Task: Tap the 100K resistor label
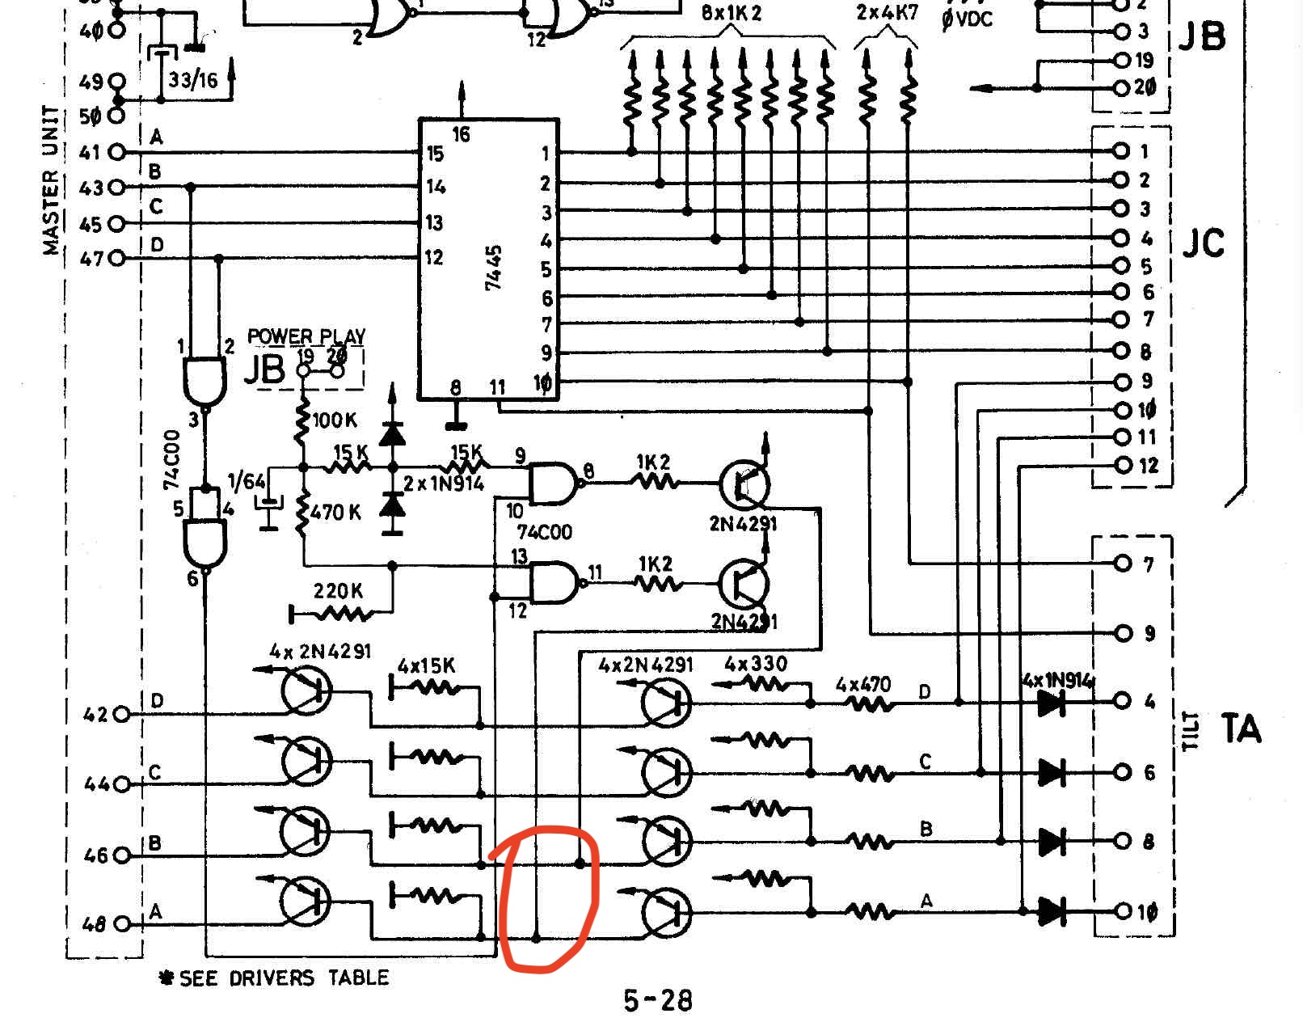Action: [x=335, y=420]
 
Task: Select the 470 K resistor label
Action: [x=336, y=513]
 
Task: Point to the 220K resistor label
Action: [x=338, y=591]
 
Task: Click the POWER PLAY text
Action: [x=306, y=336]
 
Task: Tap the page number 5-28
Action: [x=658, y=1000]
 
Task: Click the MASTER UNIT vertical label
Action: [x=51, y=179]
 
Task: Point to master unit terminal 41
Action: [x=117, y=152]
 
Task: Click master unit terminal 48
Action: [x=122, y=923]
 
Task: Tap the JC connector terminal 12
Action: [x=1122, y=466]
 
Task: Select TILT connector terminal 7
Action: [x=1122, y=564]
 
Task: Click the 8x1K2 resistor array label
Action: [x=731, y=14]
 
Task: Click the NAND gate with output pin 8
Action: [x=552, y=484]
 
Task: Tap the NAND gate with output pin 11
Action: [x=553, y=582]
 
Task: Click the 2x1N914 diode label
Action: [x=443, y=484]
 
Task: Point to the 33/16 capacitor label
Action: [x=192, y=80]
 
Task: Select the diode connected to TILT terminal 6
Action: [x=1051, y=772]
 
